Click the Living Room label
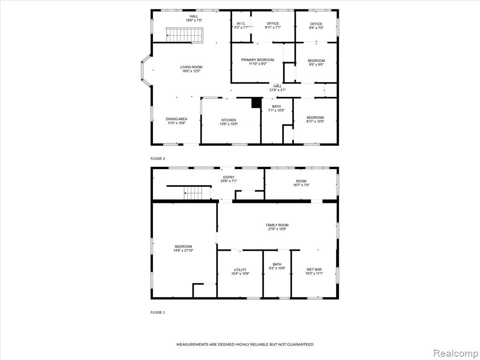(191, 67)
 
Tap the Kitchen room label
(229, 120)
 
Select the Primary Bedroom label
(257, 60)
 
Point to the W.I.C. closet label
(241, 23)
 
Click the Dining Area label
(177, 119)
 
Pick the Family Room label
(277, 225)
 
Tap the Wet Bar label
(314, 270)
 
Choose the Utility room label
(240, 270)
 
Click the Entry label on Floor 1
(229, 177)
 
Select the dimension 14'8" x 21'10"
(183, 250)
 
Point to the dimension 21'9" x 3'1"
(277, 90)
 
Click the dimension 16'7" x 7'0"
(301, 185)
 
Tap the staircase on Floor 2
(185, 35)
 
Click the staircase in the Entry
(192, 192)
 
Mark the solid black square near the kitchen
(256, 103)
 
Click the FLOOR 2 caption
(157, 158)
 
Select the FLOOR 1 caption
(157, 313)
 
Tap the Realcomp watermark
(455, 353)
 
